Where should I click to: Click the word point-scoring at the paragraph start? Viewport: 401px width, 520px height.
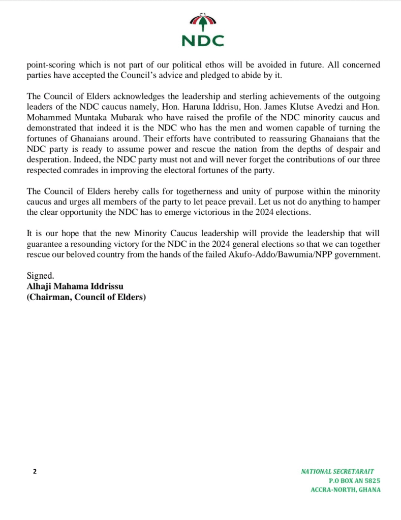tap(49, 66)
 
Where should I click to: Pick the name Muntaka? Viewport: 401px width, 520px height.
tap(87, 118)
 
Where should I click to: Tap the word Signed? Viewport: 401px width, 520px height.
tap(39, 276)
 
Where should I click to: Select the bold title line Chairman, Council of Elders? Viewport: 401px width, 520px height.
tap(86, 297)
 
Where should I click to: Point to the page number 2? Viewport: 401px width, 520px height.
tap(35, 471)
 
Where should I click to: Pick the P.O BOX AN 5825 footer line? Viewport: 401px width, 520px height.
tap(354, 481)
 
